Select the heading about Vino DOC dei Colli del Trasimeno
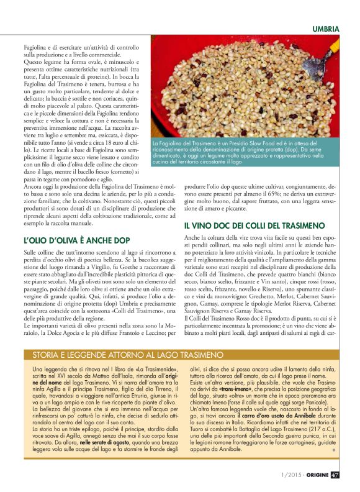click(254, 225)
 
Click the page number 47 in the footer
click(335, 475)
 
